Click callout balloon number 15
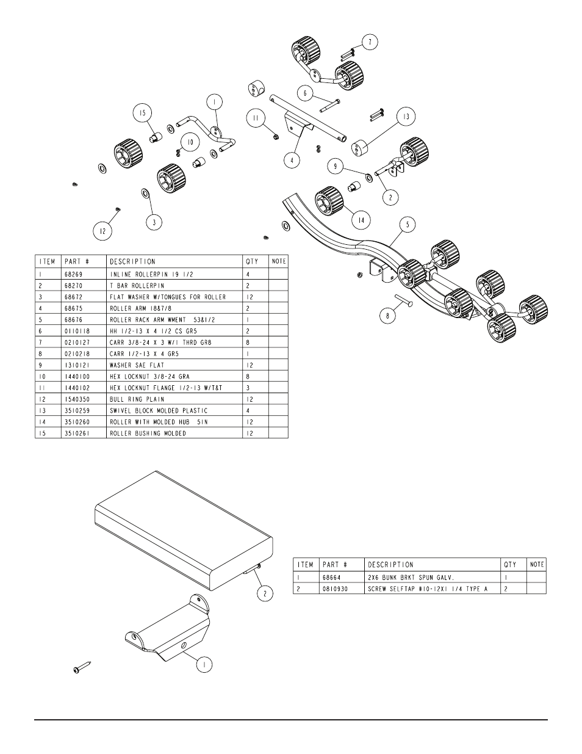click(x=143, y=113)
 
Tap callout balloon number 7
click(x=370, y=42)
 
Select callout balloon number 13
click(x=406, y=117)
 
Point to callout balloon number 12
click(x=102, y=231)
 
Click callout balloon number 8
click(x=388, y=316)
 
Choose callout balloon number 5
click(x=408, y=225)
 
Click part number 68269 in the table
click(x=73, y=275)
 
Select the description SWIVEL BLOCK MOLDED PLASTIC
click(x=159, y=410)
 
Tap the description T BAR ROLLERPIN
click(x=137, y=286)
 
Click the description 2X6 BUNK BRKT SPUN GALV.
click(x=411, y=520)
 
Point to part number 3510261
click(x=77, y=433)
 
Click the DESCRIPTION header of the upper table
click(x=132, y=261)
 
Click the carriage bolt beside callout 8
click(x=404, y=299)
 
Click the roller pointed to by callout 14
click(x=329, y=201)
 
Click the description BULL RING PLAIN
click(x=137, y=399)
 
